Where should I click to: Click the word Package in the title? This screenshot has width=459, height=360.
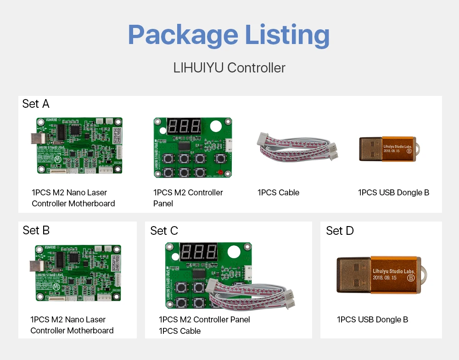183,35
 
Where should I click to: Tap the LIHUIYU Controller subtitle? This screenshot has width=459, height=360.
229,68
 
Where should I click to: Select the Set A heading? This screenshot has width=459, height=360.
36,104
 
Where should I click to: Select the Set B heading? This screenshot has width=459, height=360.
36,230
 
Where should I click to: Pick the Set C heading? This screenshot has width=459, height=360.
164,231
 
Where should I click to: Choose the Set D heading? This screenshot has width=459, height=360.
340,231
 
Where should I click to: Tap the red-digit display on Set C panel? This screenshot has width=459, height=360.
199,252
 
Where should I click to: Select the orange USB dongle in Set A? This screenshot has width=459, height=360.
389,149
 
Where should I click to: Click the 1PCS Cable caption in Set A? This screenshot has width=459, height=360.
278,193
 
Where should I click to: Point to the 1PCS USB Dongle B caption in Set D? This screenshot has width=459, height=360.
372,320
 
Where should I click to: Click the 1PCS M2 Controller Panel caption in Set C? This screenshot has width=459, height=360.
204,320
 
